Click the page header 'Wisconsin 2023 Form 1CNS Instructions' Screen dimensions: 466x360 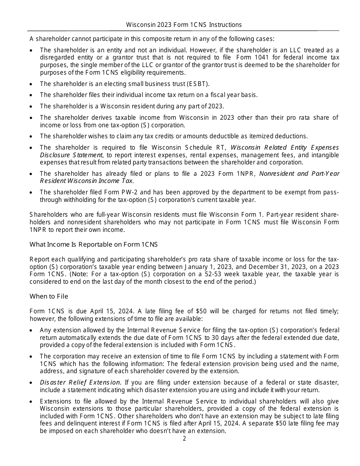point(184,25)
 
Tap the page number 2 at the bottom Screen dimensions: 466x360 point(184,439)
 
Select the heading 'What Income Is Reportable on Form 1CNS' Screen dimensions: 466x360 point(94,244)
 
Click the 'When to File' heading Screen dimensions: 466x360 point(49,296)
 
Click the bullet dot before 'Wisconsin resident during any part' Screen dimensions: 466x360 point(31,106)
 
